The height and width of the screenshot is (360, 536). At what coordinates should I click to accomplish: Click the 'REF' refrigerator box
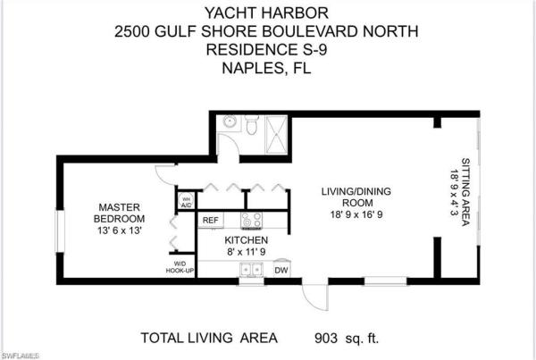(211, 220)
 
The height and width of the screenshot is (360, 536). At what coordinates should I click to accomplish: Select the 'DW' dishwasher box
(281, 270)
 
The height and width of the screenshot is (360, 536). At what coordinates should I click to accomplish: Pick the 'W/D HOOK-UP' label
(179, 266)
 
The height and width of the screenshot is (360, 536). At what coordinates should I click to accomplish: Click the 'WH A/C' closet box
(187, 202)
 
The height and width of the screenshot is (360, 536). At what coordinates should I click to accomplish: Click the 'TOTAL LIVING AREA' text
(208, 338)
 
